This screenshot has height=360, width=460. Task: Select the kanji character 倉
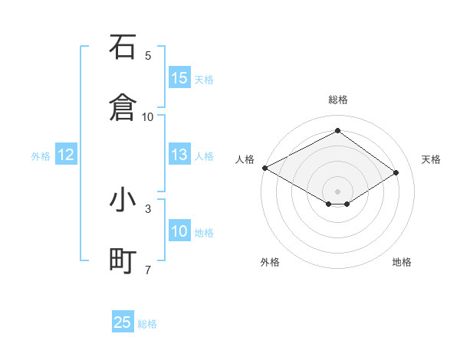(123, 106)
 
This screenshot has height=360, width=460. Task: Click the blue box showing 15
(179, 77)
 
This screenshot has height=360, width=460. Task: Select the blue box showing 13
(179, 155)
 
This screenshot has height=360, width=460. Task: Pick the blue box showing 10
(179, 231)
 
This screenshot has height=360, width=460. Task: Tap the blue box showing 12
(66, 155)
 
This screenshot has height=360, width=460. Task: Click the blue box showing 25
(123, 322)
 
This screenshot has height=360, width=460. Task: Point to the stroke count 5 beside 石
(148, 55)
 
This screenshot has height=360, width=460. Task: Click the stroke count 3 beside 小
(148, 208)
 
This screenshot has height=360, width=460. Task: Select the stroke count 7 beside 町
(148, 269)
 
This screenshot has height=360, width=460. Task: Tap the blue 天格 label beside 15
(204, 79)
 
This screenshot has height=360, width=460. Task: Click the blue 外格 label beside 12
(41, 156)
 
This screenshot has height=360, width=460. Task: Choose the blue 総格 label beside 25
(147, 324)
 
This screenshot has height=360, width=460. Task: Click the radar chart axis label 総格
(337, 100)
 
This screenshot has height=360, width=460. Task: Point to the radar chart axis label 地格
(402, 262)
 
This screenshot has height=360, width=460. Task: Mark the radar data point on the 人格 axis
(264, 168)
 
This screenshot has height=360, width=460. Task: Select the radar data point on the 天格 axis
(396, 172)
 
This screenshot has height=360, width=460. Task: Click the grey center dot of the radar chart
(337, 191)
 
